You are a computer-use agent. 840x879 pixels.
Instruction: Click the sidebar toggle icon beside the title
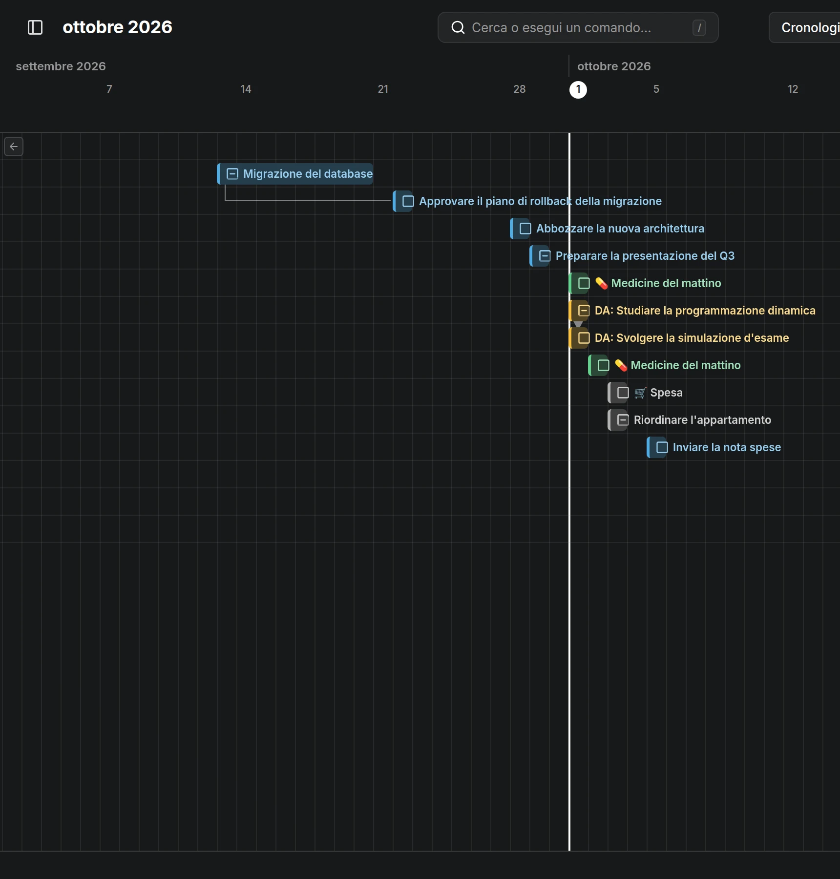click(x=35, y=27)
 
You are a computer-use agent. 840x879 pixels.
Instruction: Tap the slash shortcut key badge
click(x=699, y=28)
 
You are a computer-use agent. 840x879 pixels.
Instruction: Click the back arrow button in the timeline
click(x=14, y=146)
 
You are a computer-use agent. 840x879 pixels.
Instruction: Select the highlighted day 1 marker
click(x=578, y=89)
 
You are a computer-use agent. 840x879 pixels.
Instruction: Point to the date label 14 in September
click(x=246, y=89)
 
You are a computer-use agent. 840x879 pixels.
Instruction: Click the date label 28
click(x=520, y=89)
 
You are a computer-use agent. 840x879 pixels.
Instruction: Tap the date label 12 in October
click(x=793, y=89)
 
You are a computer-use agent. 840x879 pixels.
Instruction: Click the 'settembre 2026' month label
click(x=61, y=66)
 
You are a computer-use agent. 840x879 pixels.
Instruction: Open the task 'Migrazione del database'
click(x=308, y=174)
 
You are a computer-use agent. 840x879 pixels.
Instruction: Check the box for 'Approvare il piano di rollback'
click(x=408, y=201)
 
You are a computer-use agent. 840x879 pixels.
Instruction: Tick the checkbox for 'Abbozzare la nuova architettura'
click(x=525, y=229)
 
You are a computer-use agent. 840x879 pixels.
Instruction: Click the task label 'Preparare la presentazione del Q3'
click(x=645, y=256)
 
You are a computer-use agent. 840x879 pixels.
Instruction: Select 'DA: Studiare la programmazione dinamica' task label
click(x=705, y=311)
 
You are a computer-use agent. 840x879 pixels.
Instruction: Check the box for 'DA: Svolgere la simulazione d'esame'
click(x=584, y=338)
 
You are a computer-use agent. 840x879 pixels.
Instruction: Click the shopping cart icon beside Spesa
click(x=640, y=393)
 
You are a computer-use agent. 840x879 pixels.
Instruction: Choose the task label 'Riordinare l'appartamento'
click(x=702, y=420)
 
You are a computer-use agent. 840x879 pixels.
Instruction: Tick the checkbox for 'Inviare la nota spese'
click(x=662, y=447)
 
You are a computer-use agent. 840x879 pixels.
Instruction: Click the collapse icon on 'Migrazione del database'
click(x=232, y=174)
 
